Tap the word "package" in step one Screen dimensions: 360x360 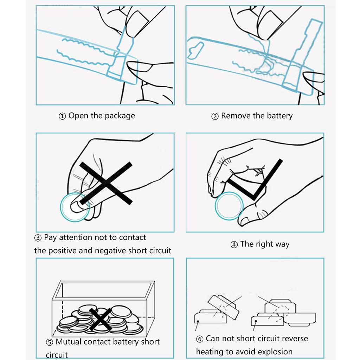coord(119,116)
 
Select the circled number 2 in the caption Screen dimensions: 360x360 coord(215,116)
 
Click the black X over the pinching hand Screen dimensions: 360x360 coord(105,183)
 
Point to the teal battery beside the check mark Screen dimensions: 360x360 coord(229,206)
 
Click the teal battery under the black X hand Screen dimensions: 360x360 coord(75,207)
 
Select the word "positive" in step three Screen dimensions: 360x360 coord(63,251)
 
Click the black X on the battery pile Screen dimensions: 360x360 coord(101,319)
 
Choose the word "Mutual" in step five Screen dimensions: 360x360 coord(69,342)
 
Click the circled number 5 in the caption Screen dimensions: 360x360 coord(50,342)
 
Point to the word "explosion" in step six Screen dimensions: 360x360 coord(275,352)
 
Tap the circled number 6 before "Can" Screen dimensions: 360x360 coord(200,339)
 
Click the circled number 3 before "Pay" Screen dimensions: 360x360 coord(38,238)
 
